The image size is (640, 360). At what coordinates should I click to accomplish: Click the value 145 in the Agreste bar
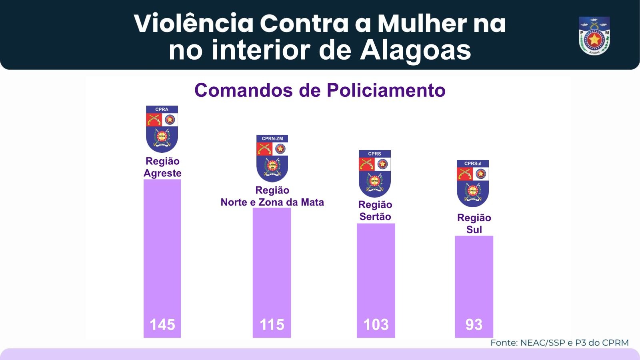pos(162,324)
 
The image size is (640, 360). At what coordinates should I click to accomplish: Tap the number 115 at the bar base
pos(272,324)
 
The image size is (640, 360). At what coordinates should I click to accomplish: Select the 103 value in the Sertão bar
pos(376,324)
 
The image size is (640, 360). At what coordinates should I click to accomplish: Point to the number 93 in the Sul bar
pos(474,324)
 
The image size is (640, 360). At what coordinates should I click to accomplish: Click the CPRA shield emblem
pos(162,129)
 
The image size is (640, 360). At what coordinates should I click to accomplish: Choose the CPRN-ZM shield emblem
pos(272,158)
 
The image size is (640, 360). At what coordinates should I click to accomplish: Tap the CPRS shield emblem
pos(375,173)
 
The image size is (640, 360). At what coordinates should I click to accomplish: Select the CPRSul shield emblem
pos(473,183)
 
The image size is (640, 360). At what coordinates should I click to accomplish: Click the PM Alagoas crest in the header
pos(594,36)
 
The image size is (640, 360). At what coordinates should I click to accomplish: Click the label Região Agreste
pos(162,167)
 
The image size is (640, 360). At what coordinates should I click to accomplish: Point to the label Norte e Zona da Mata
pos(272,202)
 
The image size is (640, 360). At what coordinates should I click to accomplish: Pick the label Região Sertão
pos(375,211)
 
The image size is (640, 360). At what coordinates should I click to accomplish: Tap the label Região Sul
pos(474,224)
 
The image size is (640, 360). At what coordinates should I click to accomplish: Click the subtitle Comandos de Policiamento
pos(320,90)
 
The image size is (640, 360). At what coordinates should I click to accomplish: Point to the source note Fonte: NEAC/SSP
pos(559,343)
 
